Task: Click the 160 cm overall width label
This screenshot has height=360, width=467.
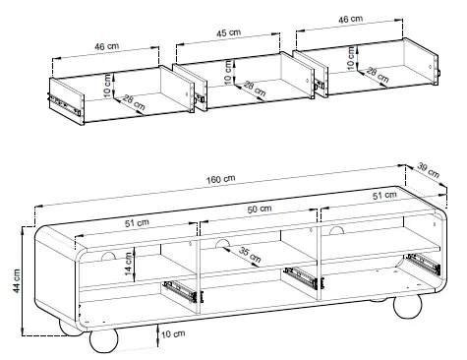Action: coord(220,179)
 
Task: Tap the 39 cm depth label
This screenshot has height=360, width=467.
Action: coord(429,170)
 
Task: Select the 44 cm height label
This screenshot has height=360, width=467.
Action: coord(17,280)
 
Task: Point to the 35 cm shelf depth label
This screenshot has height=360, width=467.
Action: coord(250,255)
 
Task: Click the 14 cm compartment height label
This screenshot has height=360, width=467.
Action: coord(128,264)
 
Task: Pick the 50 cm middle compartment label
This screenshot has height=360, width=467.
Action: coord(260,209)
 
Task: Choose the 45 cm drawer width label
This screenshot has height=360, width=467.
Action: coord(228,32)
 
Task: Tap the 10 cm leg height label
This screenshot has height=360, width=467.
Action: coord(173,334)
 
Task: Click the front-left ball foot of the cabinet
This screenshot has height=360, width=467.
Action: coord(103,340)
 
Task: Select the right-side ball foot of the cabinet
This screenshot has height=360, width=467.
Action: coord(407,306)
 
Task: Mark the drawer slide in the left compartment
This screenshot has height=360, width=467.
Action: coord(181,291)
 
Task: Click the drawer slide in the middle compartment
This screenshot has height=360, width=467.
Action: coord(303,278)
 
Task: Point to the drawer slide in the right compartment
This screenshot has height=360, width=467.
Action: coord(424,264)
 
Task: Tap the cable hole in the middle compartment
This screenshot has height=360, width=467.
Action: coord(222,244)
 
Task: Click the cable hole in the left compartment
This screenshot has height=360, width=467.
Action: coord(108,257)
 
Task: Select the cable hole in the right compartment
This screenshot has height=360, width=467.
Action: coord(336,230)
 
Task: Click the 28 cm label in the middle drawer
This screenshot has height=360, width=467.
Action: coord(255,89)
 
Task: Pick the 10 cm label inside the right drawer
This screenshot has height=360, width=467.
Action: coord(351,58)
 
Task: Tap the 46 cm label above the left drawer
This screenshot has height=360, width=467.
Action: coord(106,46)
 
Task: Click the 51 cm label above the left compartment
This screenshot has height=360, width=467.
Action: coord(137,223)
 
